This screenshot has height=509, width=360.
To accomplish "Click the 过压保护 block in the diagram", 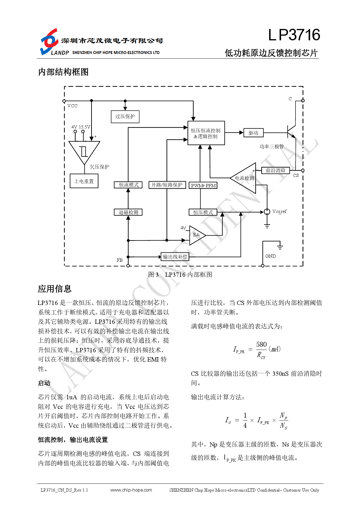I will [125, 117].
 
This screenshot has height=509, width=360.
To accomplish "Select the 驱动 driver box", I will [253, 133].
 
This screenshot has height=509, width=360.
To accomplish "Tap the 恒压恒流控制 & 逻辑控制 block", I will [206, 133].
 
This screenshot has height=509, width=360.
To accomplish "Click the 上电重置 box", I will [84, 181].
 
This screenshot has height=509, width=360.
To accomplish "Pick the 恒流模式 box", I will [128, 185].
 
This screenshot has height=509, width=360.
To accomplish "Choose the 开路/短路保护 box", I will [167, 185].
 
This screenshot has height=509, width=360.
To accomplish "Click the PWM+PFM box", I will [203, 185].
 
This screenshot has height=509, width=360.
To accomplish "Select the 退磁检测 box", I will [128, 212].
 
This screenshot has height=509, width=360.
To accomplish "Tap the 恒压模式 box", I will [203, 212].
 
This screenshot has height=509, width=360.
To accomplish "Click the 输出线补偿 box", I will [175, 257].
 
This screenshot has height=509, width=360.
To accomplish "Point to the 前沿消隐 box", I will [276, 170].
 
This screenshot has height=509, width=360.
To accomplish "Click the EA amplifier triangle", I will [197, 235].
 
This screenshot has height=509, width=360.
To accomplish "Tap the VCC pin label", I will [73, 106].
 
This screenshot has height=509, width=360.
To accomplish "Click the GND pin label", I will [271, 256].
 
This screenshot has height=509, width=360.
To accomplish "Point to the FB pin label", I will [120, 260].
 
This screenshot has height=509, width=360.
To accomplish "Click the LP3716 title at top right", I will [294, 35].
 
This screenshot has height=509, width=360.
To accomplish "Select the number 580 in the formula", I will [261, 344].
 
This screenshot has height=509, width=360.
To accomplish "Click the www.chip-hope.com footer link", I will [131, 490].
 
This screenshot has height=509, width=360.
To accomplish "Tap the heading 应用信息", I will [55, 289].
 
